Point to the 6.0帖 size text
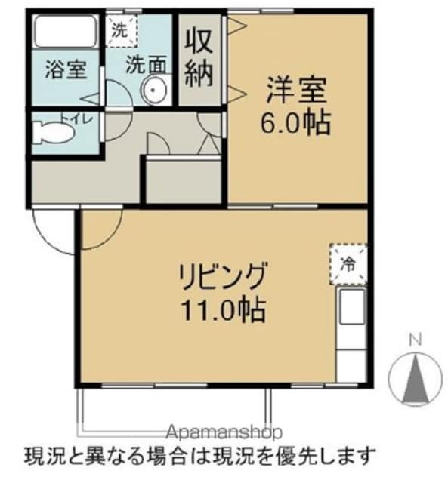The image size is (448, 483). pyautogui.click(x=297, y=122)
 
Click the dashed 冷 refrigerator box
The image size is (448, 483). pyautogui.click(x=348, y=263)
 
